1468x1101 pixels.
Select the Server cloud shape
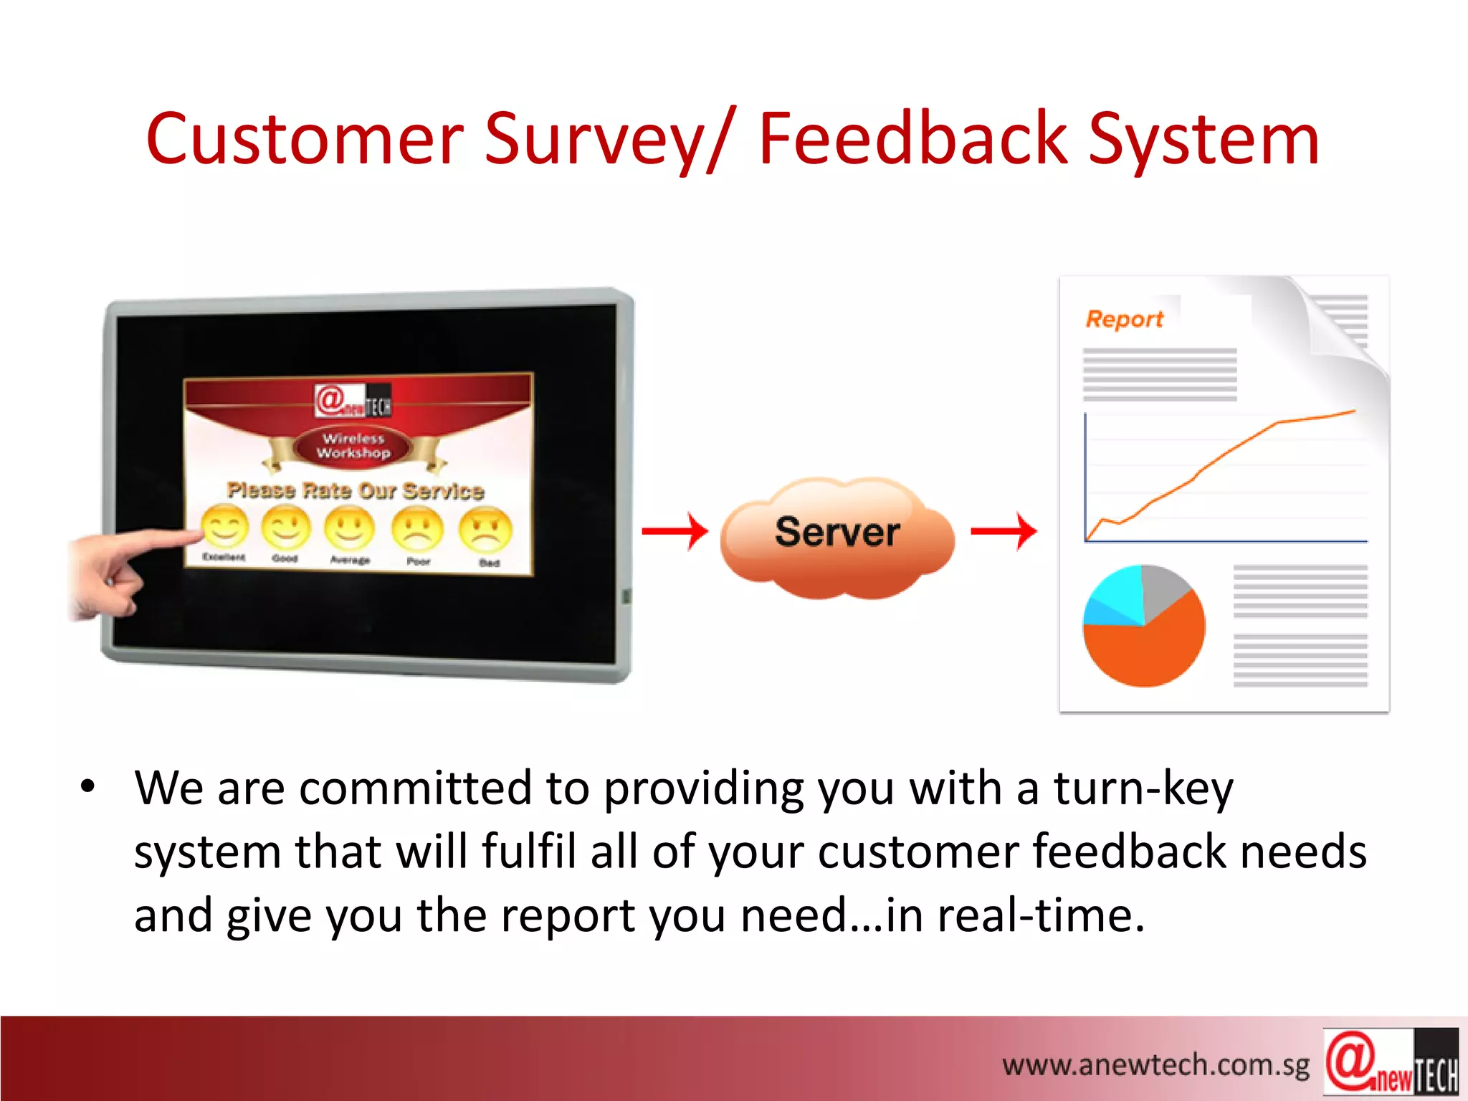pyautogui.click(x=837, y=536)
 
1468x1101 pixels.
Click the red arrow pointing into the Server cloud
pyautogui.click(x=675, y=531)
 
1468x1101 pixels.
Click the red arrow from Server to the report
pyautogui.click(x=1004, y=531)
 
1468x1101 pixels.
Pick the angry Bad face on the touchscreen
pyautogui.click(x=485, y=530)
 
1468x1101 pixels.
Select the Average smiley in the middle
pyautogui.click(x=350, y=528)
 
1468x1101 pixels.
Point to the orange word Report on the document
pyautogui.click(x=1124, y=319)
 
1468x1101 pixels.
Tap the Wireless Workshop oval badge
pyautogui.click(x=353, y=446)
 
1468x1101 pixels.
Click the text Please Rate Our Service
pyautogui.click(x=356, y=491)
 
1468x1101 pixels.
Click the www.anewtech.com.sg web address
pyautogui.click(x=1155, y=1065)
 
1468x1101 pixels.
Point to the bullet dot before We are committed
pyautogui.click(x=87, y=787)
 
